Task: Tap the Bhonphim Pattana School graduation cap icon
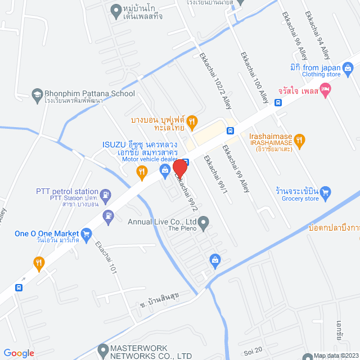38,94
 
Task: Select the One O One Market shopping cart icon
86,233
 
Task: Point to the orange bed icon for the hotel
325,89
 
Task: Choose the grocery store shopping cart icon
326,194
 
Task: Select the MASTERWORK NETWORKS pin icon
102,350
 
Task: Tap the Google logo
19,353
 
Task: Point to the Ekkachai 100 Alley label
255,77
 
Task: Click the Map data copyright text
335,355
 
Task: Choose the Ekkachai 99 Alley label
235,169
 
